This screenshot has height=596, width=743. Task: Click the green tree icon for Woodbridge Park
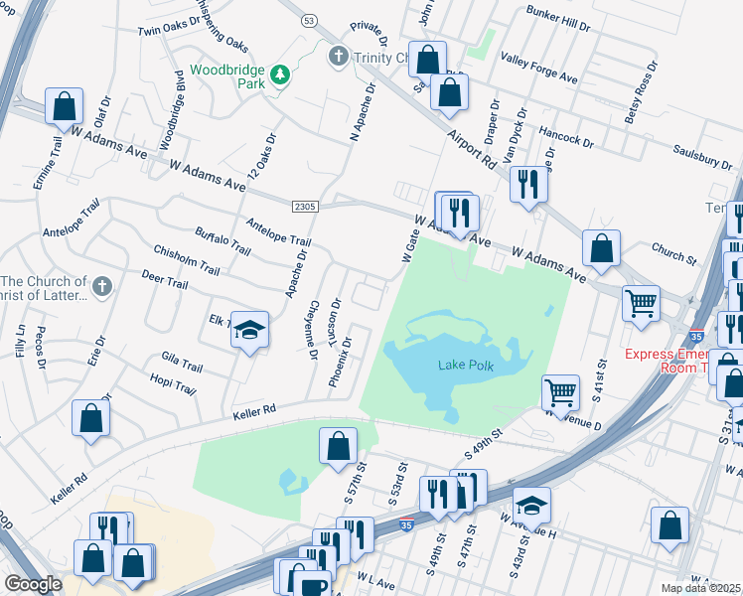(x=281, y=74)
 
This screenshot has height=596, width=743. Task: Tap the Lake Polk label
(x=465, y=365)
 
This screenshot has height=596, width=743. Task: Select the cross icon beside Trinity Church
(x=338, y=56)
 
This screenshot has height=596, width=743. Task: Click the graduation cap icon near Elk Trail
(x=251, y=330)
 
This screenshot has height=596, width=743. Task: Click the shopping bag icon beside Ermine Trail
(x=64, y=105)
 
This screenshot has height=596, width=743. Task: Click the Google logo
(x=33, y=583)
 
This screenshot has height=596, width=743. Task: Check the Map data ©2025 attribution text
(x=700, y=588)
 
